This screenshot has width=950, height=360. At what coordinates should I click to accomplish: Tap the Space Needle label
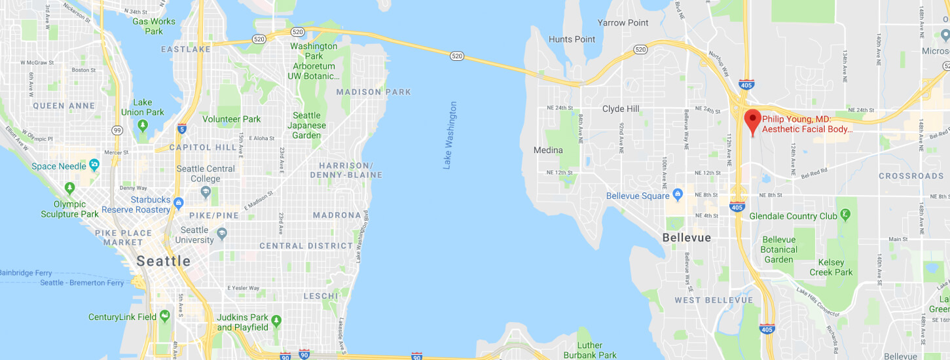tap(59, 166)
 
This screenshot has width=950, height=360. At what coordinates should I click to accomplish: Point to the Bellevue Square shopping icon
tap(678, 195)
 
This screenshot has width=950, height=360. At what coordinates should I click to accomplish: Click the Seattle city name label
tap(164, 261)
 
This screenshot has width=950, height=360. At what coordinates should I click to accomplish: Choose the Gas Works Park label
tap(154, 26)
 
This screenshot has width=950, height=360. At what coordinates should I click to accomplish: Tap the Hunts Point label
tap(572, 39)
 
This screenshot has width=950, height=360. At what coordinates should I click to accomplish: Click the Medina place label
tap(548, 150)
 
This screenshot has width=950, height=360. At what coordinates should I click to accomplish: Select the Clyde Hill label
tap(621, 109)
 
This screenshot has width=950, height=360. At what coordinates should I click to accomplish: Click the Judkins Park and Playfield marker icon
tap(276, 321)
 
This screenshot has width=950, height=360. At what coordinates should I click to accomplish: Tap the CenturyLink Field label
tap(122, 317)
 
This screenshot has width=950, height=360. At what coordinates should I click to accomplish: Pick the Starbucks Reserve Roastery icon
tap(179, 204)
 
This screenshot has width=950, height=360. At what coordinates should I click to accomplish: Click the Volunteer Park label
tap(232, 119)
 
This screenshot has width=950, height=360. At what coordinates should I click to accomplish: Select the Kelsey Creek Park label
tap(831, 267)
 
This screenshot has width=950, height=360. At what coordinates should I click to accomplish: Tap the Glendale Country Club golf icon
tap(846, 214)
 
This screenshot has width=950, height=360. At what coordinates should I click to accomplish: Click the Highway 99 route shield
tap(117, 130)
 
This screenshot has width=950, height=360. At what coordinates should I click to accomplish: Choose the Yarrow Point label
tap(623, 23)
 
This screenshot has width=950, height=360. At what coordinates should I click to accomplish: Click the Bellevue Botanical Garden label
tap(779, 249)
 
